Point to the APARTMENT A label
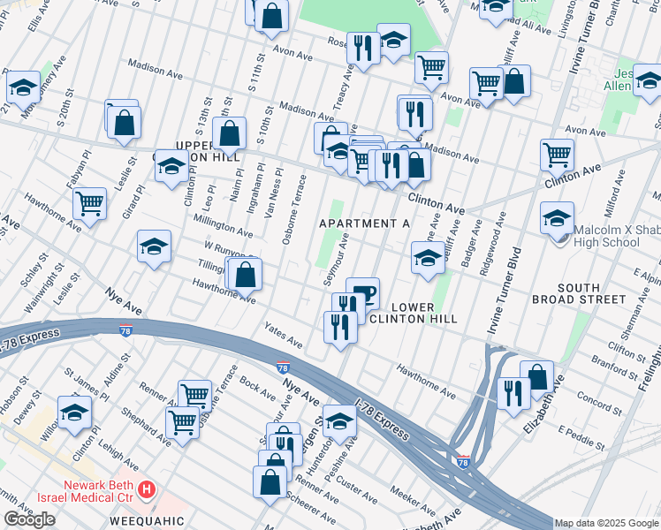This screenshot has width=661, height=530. pyautogui.click(x=364, y=223)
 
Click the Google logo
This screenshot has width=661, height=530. pyautogui.click(x=29, y=519)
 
